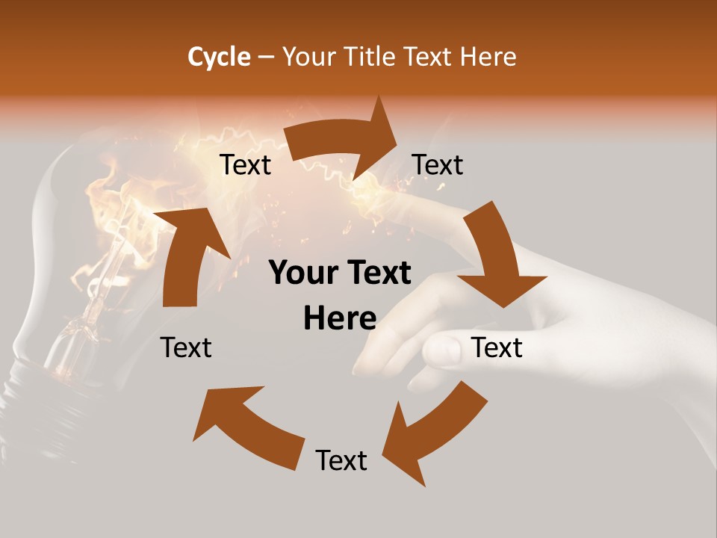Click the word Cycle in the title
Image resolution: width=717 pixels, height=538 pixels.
click(219, 57)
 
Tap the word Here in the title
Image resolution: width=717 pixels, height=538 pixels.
click(488, 57)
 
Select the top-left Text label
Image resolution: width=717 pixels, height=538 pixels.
click(245, 164)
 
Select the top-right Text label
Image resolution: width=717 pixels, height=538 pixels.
click(438, 164)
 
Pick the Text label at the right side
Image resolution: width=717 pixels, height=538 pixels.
click(497, 347)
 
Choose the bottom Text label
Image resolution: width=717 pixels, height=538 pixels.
click(341, 460)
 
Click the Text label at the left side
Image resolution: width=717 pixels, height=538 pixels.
click(186, 347)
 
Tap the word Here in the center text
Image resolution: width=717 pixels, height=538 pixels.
click(340, 319)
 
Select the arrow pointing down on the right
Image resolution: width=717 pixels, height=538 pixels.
click(497, 258)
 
